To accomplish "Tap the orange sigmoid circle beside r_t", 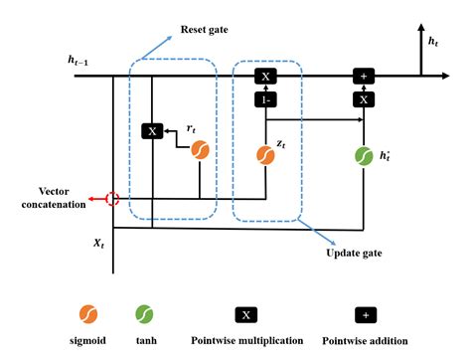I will pyautogui.click(x=200, y=150).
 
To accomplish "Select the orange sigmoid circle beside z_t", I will pyautogui.click(x=265, y=155).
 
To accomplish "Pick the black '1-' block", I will pyautogui.click(x=265, y=99).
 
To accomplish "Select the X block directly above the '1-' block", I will pyautogui.click(x=265, y=76).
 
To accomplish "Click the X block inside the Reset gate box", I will pyautogui.click(x=151, y=130).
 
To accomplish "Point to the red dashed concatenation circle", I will pyautogui.click(x=112, y=199).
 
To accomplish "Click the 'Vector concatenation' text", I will pyautogui.click(x=38, y=194).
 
